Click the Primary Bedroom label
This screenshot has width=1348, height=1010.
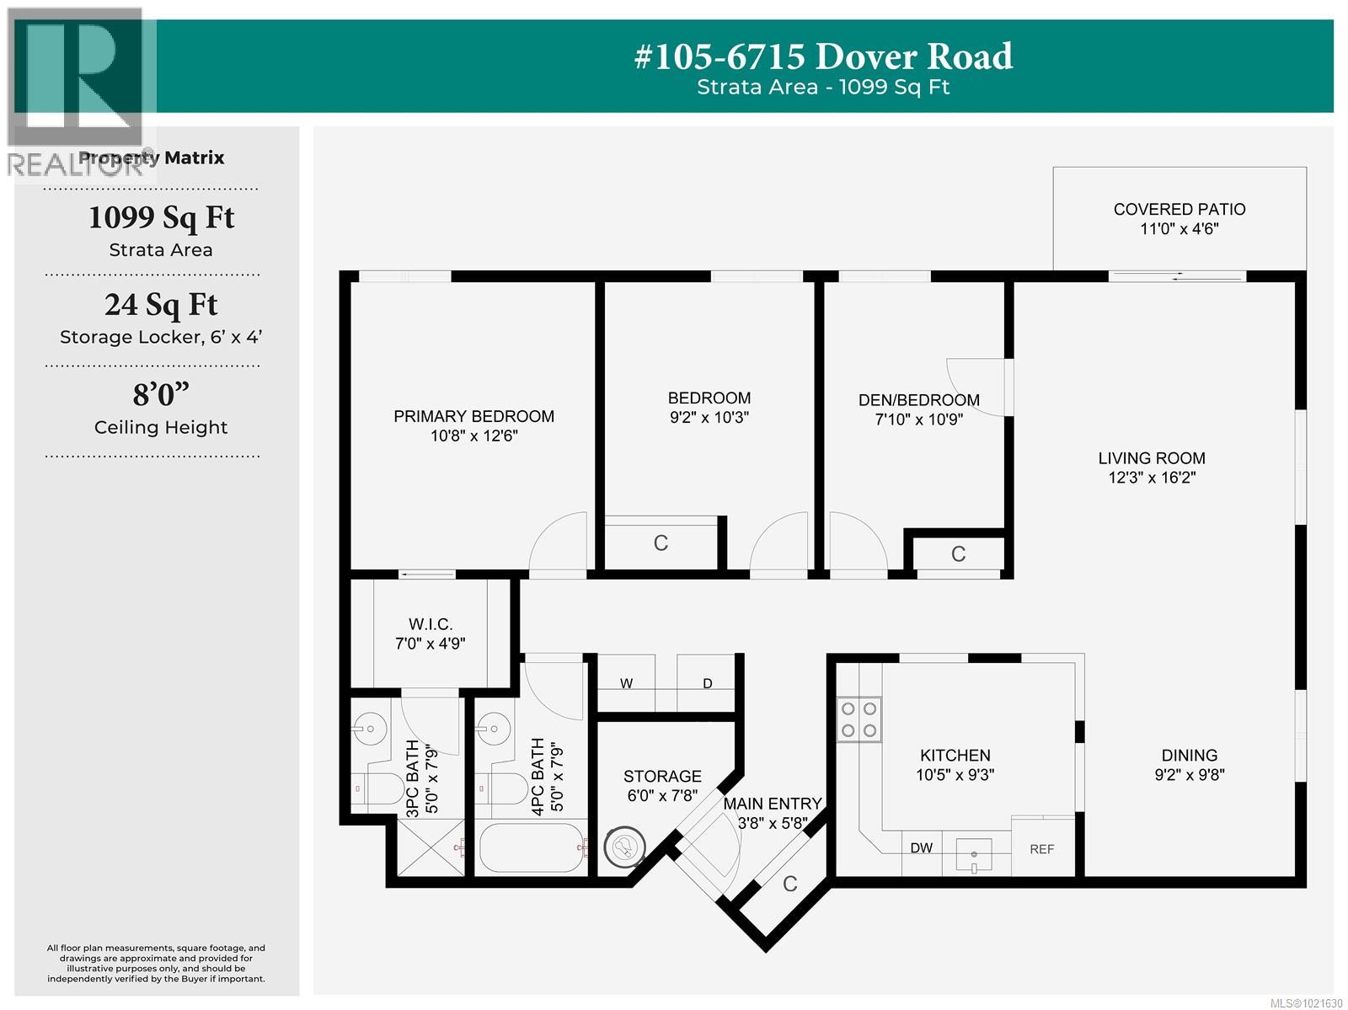[x=473, y=416]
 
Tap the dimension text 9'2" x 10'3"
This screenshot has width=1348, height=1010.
[x=709, y=418]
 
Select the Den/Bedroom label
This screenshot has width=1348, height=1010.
[x=918, y=400]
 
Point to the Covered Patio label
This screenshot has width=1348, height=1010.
[x=1179, y=209]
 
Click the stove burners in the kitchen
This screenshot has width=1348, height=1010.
[x=859, y=720]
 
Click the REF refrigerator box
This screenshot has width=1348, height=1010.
[x=1042, y=848]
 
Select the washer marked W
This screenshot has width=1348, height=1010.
[x=626, y=683]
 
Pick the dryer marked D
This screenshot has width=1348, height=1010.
[x=707, y=683]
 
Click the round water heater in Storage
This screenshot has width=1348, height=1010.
[x=625, y=847]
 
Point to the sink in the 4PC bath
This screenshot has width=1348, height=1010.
[x=495, y=727]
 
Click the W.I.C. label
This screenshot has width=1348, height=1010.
[x=431, y=624]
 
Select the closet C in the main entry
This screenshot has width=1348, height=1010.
[x=789, y=884]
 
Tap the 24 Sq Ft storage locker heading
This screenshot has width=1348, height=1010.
[x=161, y=304]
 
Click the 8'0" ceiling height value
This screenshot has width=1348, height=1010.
[x=161, y=393]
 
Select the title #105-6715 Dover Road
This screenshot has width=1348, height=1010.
[x=823, y=56]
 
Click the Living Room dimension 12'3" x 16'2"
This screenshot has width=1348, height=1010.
[x=1152, y=478]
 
